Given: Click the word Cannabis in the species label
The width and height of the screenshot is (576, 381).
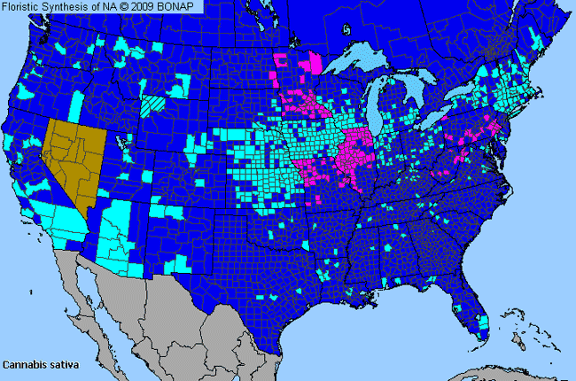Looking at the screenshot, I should point(23,364).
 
